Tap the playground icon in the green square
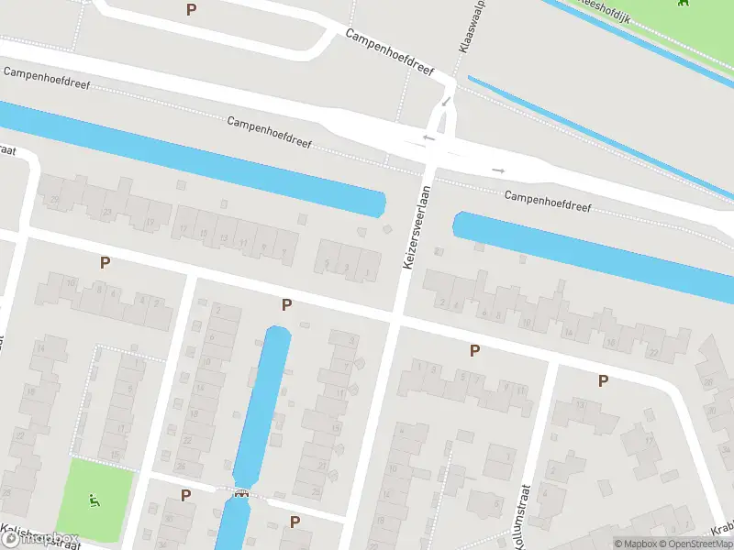point(95,500)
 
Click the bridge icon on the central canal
point(241,496)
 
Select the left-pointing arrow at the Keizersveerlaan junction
point(428,138)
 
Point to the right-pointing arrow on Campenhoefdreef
point(498,170)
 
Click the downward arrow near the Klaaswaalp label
point(445,101)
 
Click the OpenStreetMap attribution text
point(698,544)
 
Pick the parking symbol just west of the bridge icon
point(186,495)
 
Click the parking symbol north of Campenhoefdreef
point(191,10)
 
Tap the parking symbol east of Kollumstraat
point(603,380)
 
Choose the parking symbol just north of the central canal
point(287,304)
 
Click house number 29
point(55,200)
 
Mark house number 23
point(107,212)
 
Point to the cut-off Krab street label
point(722,529)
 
